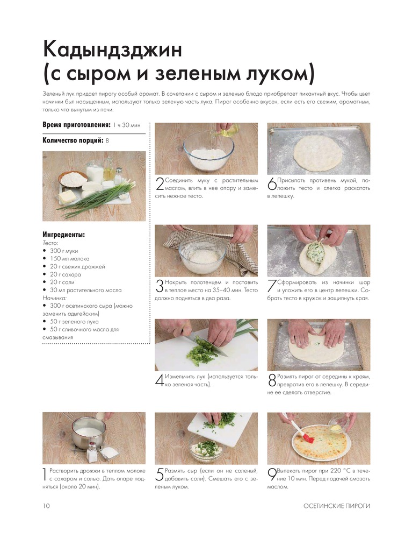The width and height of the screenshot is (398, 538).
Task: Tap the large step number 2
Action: pyautogui.click(x=160, y=184)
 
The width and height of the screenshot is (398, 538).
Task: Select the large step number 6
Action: pyautogui.click(x=272, y=184)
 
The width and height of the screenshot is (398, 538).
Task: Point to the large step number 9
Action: pyautogui.click(x=272, y=475)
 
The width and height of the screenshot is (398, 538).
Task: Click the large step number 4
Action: pyautogui.click(x=160, y=380)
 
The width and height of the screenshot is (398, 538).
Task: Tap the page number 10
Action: pyautogui.click(x=46, y=506)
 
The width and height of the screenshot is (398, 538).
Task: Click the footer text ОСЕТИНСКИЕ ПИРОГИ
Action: pyautogui.click(x=337, y=506)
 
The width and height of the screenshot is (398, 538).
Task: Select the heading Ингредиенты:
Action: pyautogui.click(x=64, y=235)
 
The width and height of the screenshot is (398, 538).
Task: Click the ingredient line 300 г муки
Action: pyautogui.click(x=64, y=251)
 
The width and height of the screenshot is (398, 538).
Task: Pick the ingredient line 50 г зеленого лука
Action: pyautogui.click(x=74, y=322)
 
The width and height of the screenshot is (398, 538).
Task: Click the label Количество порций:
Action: pyautogui.click(x=73, y=140)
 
